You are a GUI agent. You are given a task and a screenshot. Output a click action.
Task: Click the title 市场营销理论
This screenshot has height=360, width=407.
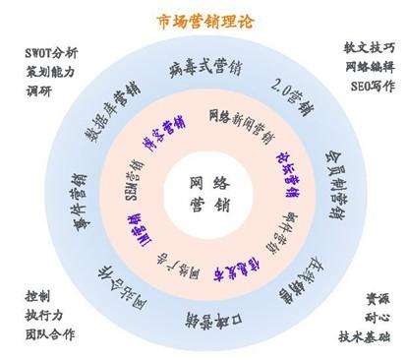204,20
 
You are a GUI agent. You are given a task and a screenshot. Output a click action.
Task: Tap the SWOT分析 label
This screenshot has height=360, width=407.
51,53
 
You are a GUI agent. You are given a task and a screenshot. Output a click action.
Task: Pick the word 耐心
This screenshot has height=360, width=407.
369,317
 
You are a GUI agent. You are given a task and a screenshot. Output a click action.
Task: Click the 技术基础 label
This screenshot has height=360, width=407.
363,335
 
